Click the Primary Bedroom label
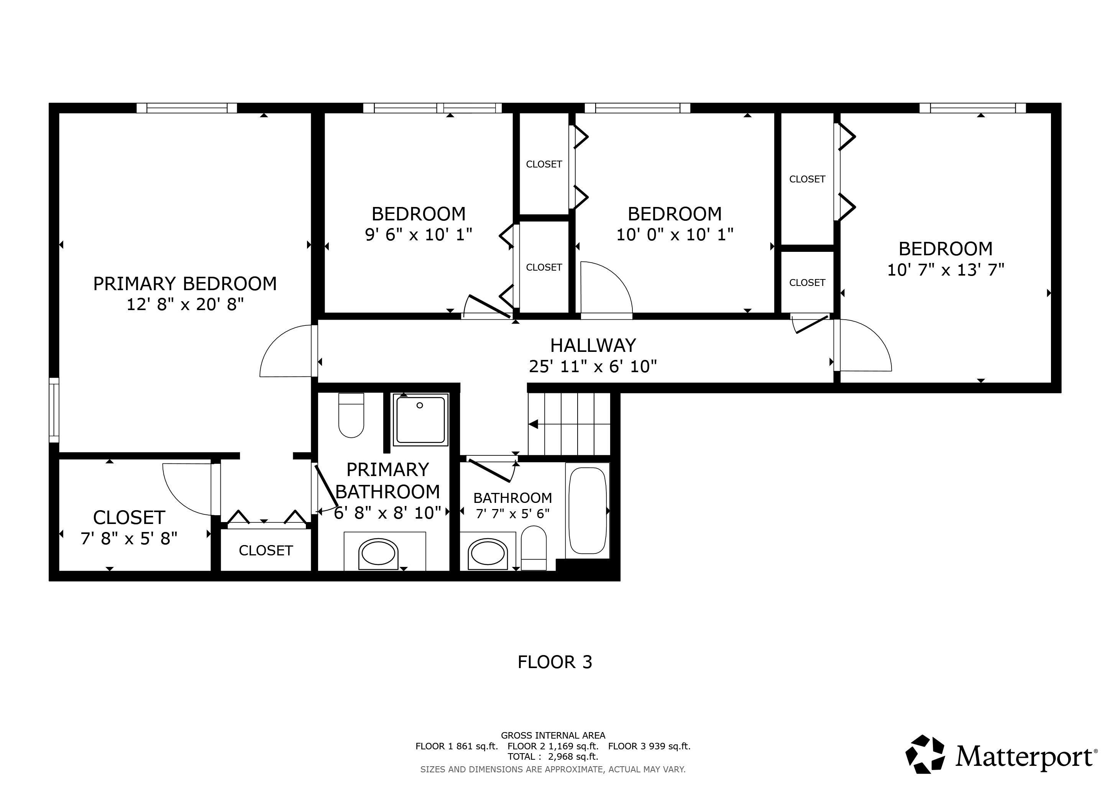tap(185, 284)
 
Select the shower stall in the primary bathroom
tap(420, 420)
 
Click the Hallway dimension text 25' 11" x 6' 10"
tap(593, 366)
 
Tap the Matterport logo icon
tap(925, 754)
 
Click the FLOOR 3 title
tap(555, 662)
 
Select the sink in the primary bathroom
tap(378, 554)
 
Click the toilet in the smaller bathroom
tap(534, 548)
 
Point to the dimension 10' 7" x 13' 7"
tap(945, 270)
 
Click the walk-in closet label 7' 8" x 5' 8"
tap(129, 539)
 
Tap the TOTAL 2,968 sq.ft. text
tap(553, 757)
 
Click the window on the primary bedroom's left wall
tap(54, 410)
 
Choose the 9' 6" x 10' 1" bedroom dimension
tap(418, 235)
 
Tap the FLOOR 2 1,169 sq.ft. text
tap(553, 746)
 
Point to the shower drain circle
tap(420, 406)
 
